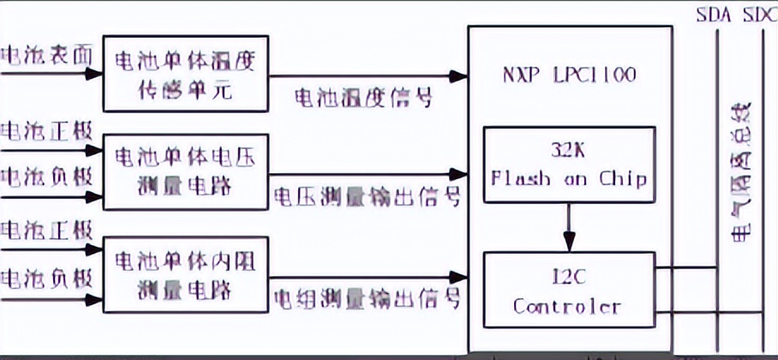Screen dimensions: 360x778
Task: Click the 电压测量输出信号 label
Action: point(368,198)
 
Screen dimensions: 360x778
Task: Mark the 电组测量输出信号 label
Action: point(368,299)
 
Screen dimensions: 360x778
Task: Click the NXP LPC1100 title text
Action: point(569,75)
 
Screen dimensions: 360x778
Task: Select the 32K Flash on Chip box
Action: point(569,165)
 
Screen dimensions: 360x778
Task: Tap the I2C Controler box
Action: point(569,291)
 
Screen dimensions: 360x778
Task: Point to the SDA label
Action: point(714,15)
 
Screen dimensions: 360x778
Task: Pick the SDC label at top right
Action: point(760,15)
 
